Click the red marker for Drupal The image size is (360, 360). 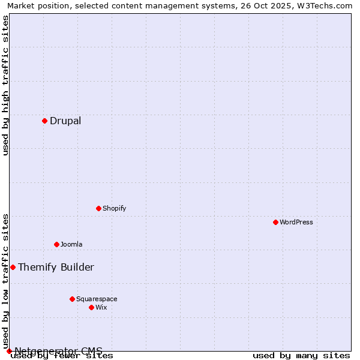pyautogui.click(x=44, y=121)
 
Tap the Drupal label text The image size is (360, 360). pyautogui.click(x=65, y=121)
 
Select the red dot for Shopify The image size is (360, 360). pyautogui.click(x=98, y=208)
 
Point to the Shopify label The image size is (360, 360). pyautogui.click(x=114, y=209)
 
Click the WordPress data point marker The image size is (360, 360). pyautogui.click(x=275, y=222)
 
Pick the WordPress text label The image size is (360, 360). pyautogui.click(x=296, y=223)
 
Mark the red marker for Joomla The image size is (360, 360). pyautogui.click(x=56, y=244)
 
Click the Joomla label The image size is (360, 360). pyautogui.click(x=71, y=245)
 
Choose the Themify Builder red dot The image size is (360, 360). pyautogui.click(x=13, y=267)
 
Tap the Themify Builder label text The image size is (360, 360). pyautogui.click(x=56, y=268)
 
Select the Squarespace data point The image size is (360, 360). pyautogui.click(x=72, y=299)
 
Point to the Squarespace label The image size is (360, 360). pyautogui.click(x=97, y=299)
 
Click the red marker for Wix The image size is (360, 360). pyautogui.click(x=91, y=307)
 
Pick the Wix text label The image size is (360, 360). pyautogui.click(x=101, y=308)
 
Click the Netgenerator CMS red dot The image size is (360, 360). pyautogui.click(x=9, y=351)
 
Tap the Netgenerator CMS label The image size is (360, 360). pyautogui.click(x=58, y=351)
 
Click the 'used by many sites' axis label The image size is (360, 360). pyautogui.click(x=301, y=356)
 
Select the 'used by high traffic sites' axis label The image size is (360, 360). pyautogui.click(x=5, y=85)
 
